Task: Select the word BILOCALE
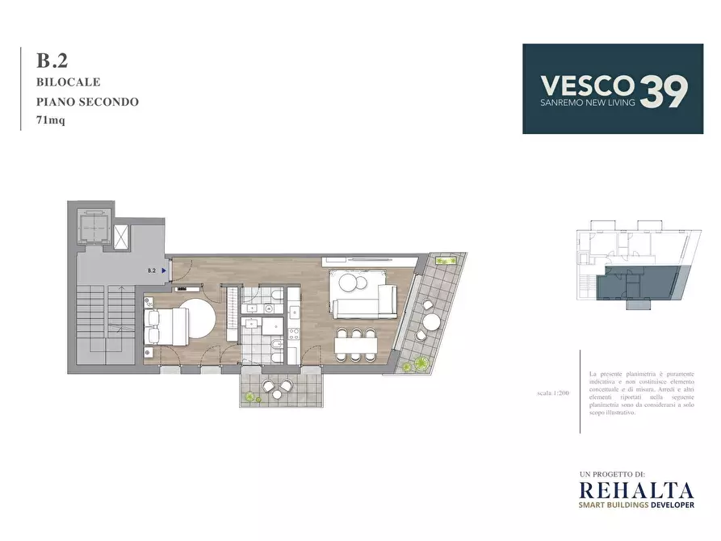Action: [68, 82]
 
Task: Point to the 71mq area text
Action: [50, 122]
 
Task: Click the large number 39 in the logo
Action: [664, 90]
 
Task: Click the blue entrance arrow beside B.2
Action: [163, 271]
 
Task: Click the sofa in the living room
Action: [363, 306]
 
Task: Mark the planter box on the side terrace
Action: [444, 260]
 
